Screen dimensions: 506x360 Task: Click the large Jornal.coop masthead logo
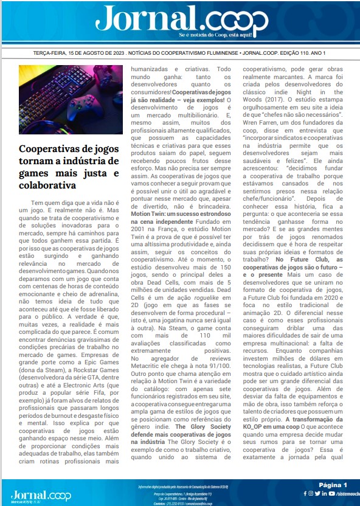point(181,20)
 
